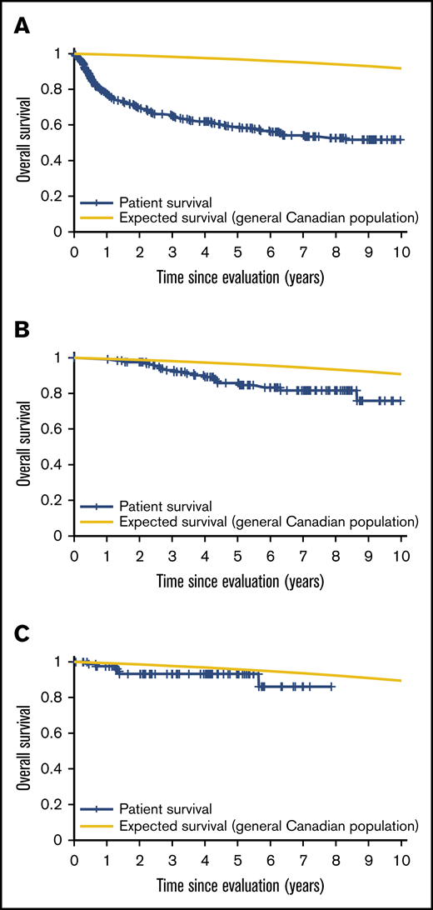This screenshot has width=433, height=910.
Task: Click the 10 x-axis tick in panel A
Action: [401, 252]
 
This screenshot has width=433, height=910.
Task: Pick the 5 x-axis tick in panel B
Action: [237, 557]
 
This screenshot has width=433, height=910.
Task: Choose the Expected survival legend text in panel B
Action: [267, 521]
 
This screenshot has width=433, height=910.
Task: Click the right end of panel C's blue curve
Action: [333, 686]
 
